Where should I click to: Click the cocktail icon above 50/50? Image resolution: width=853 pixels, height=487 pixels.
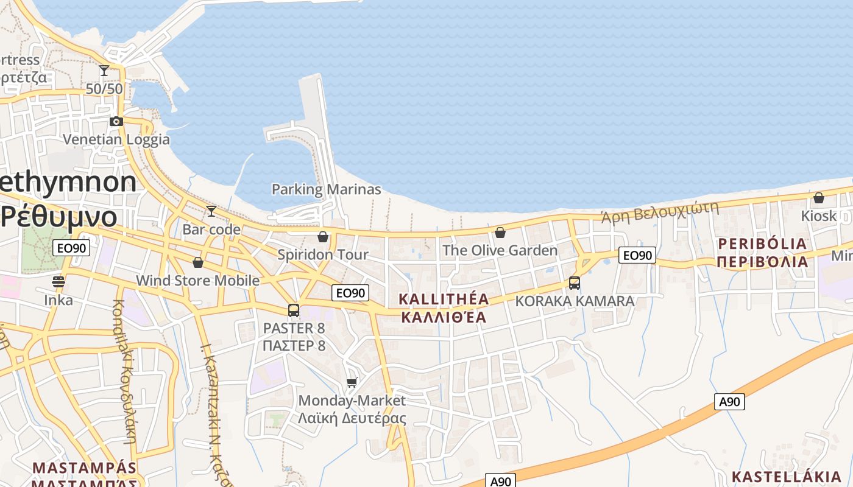104,71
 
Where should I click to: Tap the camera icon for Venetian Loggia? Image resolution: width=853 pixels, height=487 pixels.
116,121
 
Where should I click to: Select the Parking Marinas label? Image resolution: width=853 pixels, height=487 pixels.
326,189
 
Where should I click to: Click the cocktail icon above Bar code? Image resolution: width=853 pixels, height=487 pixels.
211,211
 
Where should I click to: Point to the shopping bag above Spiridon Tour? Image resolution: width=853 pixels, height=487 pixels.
323,236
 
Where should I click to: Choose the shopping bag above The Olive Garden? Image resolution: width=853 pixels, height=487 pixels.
500,232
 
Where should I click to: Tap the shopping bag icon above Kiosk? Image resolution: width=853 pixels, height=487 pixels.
819,198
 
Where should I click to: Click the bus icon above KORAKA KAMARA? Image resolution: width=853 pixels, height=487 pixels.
575,283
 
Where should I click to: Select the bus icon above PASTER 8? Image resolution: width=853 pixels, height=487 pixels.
294,310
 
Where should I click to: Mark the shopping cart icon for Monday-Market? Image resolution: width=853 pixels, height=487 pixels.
352,382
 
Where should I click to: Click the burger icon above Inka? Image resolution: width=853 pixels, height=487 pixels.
58,281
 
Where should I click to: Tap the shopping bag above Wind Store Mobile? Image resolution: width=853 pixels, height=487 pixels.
197,262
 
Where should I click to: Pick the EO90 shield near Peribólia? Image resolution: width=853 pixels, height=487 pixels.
637,255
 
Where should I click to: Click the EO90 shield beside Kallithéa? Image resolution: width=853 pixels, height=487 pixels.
351,293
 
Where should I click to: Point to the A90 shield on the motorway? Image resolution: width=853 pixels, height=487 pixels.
729,402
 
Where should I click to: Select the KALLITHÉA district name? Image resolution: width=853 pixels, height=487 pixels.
444,299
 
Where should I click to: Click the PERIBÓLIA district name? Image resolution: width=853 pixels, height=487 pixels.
762,244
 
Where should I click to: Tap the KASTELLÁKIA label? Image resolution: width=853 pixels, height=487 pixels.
786,476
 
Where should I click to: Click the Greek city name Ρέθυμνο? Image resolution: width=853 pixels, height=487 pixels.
58,217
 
